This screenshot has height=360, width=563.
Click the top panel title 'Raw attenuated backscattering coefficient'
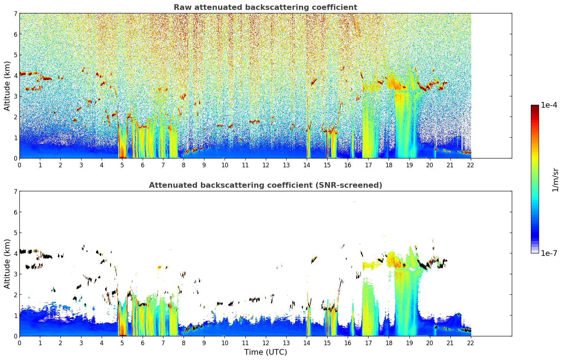coord(265,7)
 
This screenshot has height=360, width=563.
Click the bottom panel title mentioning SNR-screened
coord(265,185)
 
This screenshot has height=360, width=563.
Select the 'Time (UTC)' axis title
coord(265,352)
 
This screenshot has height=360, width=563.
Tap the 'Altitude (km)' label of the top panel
coord(7,86)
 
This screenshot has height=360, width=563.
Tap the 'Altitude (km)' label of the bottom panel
coord(7,264)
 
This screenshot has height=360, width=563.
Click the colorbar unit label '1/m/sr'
coord(555,180)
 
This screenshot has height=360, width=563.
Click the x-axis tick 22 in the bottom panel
coord(471,343)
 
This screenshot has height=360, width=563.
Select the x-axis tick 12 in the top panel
coord(265,165)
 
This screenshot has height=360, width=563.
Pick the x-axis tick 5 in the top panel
coord(122,165)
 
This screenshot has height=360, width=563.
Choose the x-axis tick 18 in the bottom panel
coord(389,343)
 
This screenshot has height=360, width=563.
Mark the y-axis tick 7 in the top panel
coord(16,13)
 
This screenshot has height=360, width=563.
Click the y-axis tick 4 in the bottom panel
coord(16,253)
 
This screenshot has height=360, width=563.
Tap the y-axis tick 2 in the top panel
coord(16,117)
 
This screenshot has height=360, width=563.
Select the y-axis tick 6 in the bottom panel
coord(16,212)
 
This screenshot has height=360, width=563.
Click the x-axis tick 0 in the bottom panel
coord(19,343)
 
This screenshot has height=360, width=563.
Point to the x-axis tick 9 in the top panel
coord(204,165)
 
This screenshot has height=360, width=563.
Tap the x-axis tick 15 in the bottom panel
coord(327,343)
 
